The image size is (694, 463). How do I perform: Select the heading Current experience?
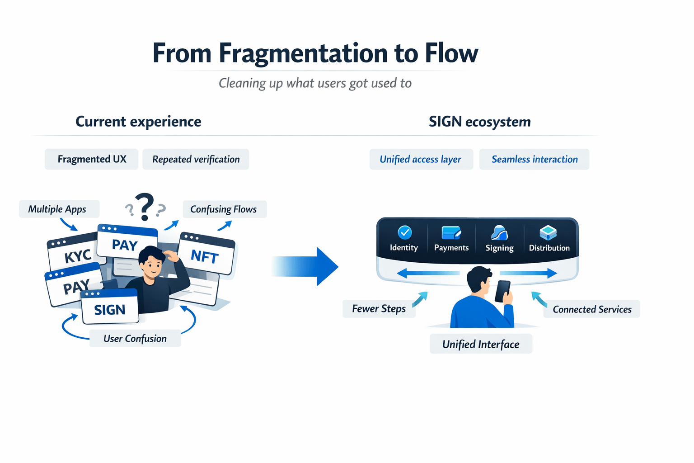coord(138,122)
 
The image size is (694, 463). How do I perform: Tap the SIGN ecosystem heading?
coord(479,122)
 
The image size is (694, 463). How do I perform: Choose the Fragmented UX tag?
coord(92,159)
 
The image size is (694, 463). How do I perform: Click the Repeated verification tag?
coord(196,159)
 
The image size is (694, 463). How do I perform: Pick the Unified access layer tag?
coord(421,159)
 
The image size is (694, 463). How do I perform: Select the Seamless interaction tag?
coord(535,159)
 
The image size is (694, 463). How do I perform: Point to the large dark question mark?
coord(145,206)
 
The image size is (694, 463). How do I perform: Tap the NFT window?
coord(206,255)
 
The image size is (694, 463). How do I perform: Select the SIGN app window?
coord(110,308)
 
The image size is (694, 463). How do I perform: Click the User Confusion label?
coord(135,338)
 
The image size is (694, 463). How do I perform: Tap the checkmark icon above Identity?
coord(404,232)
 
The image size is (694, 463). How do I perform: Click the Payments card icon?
coord(451,232)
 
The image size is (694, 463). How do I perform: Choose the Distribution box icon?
coord(548,232)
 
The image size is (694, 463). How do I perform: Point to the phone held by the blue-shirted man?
coord(502,291)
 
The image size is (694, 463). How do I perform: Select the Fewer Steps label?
coord(379,309)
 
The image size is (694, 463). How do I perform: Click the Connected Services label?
coord(592,309)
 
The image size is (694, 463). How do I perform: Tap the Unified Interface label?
coord(481,344)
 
